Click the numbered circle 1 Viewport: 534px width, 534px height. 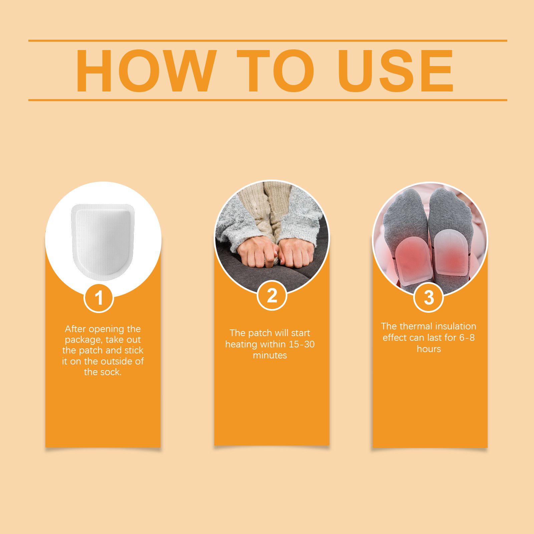pos(99,297)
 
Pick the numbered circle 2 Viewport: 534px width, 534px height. pos(272,295)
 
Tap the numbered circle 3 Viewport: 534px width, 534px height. pos(428,297)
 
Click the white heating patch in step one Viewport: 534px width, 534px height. pos(103,242)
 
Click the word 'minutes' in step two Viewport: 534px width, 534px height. pos(270,355)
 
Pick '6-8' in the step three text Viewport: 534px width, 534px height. pos(467,337)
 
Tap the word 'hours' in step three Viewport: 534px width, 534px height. pos(429,349)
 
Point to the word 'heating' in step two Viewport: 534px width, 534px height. pos(241,344)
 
